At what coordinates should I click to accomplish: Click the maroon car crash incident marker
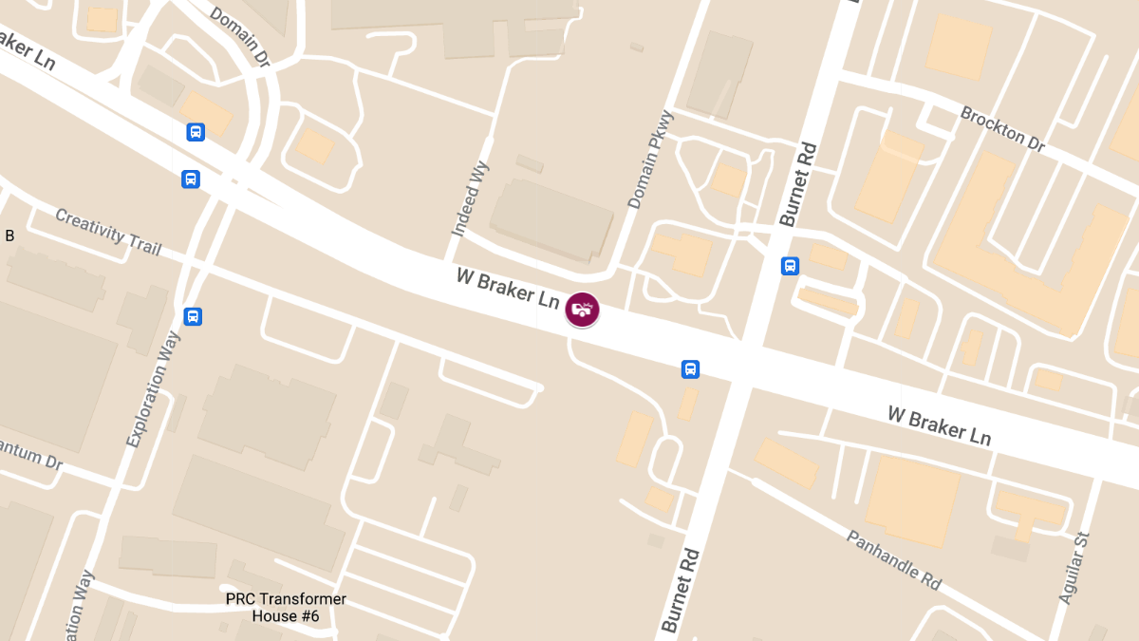(x=582, y=309)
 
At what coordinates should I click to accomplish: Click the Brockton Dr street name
(x=1002, y=129)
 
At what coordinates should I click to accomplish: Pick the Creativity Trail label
(x=108, y=231)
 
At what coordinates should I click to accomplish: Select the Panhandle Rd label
(x=893, y=559)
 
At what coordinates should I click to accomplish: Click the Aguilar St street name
(x=1074, y=567)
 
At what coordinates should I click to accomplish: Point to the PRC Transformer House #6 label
(x=286, y=608)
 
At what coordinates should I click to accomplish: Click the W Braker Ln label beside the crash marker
(x=507, y=287)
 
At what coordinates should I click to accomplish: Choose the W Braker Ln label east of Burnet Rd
(x=939, y=425)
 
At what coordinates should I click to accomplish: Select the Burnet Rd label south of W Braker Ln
(x=679, y=591)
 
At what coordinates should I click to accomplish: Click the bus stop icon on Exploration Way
(x=193, y=316)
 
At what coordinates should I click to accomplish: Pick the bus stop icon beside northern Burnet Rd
(x=790, y=266)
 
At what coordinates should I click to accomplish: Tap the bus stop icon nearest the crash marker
(x=691, y=369)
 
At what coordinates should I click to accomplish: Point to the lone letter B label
(x=9, y=236)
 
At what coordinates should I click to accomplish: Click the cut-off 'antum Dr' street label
(x=30, y=457)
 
